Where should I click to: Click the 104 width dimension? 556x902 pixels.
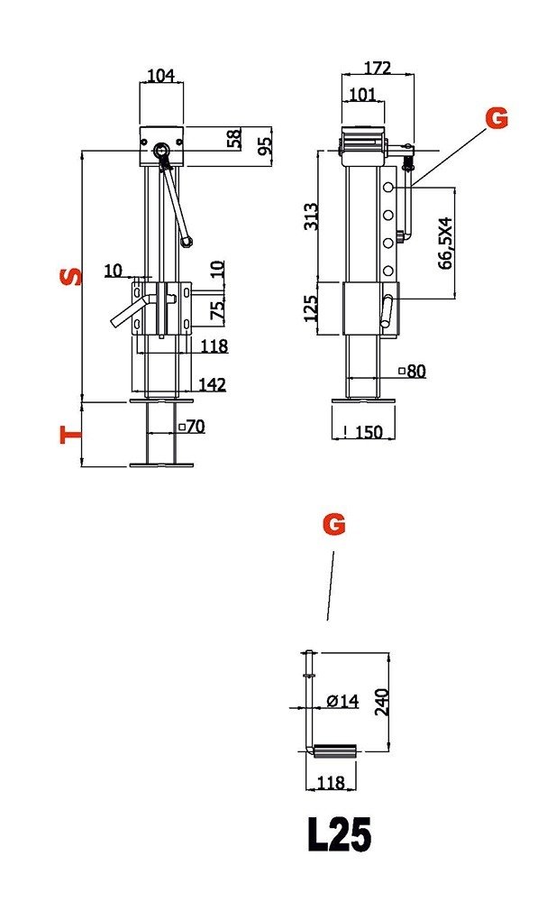tap(161, 75)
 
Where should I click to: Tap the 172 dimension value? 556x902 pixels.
tap(378, 68)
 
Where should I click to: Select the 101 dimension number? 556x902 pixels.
tap(362, 94)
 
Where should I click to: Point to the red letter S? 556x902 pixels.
tap(71, 277)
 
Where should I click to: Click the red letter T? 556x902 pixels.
tap(71, 435)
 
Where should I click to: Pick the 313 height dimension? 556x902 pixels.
tap(311, 216)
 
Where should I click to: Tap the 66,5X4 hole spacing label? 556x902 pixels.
tap(445, 243)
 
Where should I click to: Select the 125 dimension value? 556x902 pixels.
tap(311, 308)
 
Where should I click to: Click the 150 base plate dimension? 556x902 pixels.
tap(369, 431)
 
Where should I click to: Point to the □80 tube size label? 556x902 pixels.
tap(413, 371)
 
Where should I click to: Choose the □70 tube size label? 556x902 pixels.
tap(192, 427)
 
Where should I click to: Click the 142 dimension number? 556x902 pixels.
tap(212, 383)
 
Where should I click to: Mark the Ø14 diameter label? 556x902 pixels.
tap(342, 700)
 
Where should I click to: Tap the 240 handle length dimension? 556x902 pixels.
tap(382, 701)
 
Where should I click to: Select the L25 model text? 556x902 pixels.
tap(339, 834)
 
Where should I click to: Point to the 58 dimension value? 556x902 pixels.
tap(234, 138)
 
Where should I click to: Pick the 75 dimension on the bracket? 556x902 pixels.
tap(218, 310)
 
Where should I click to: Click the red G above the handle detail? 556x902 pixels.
tap(334, 525)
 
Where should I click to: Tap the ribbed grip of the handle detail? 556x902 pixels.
tap(335, 750)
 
